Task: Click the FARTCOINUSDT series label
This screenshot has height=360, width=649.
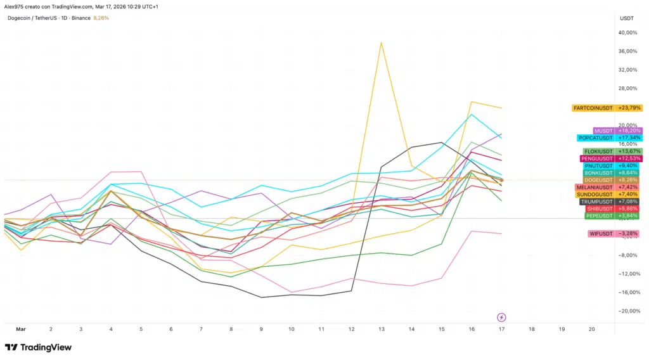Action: point(593,108)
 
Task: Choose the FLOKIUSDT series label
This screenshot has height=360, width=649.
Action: point(598,151)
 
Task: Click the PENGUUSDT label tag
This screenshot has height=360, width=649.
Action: point(596,158)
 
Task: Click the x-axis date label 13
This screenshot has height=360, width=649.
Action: point(382,330)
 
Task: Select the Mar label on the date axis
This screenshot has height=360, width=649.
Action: point(21,330)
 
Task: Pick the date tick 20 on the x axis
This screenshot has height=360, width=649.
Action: point(591,330)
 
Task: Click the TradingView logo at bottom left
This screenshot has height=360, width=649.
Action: point(38,347)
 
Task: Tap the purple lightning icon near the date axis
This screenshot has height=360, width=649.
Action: point(501,317)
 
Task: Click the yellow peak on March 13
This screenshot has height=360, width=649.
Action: point(381,42)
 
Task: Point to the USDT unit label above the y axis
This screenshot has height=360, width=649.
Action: point(626,18)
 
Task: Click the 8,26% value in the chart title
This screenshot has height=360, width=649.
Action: point(101,18)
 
